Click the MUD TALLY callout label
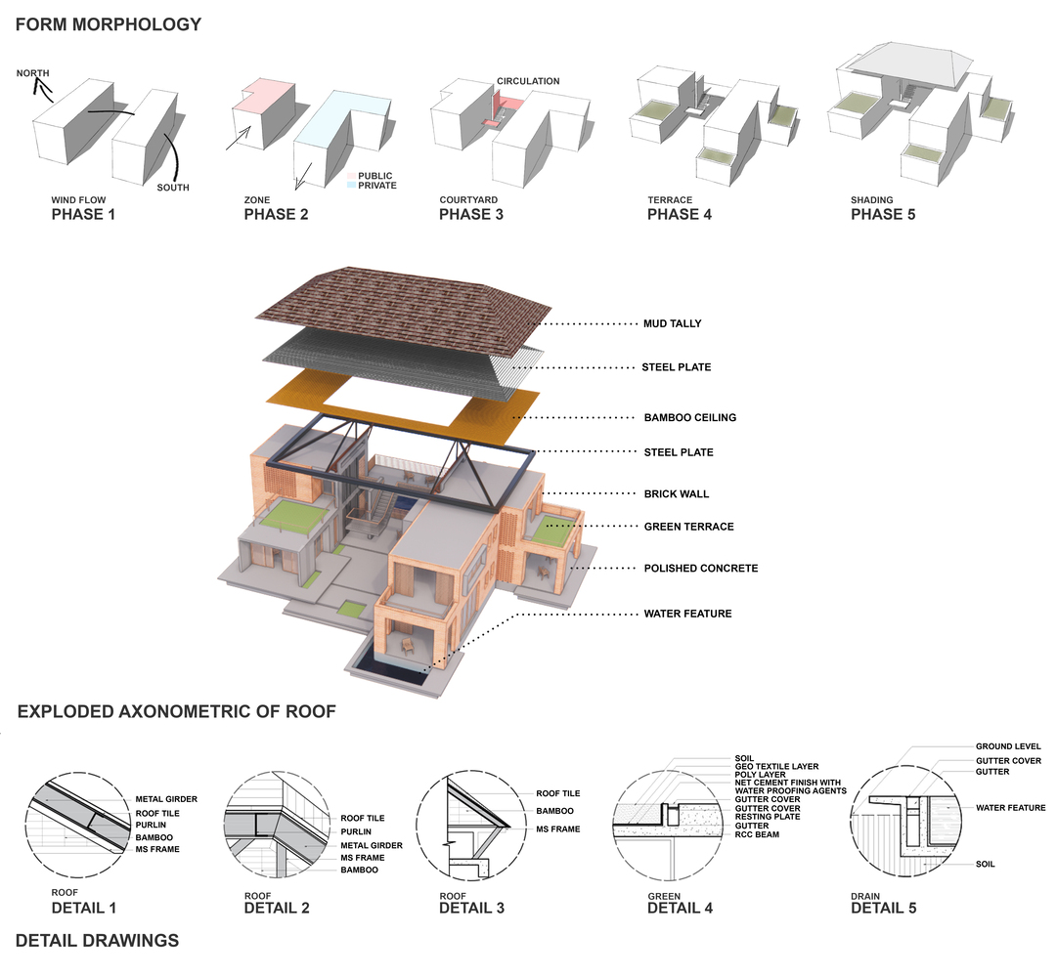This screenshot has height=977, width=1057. tap(672, 323)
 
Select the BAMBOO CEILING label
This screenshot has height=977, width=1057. tap(689, 417)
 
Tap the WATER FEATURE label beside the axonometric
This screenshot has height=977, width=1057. tap(687, 614)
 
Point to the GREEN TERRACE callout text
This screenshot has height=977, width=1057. tap(689, 527)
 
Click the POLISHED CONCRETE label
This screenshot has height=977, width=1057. tap(701, 569)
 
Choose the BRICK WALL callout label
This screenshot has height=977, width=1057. tap(676, 493)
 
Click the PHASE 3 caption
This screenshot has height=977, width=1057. tap(471, 214)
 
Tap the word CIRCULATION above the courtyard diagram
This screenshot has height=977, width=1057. tap(528, 81)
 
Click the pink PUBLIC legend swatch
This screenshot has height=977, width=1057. tap(351, 176)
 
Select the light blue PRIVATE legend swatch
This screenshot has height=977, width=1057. tap(351, 186)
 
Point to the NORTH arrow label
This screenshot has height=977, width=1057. tap(33, 72)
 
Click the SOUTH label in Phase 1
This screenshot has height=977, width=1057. tap(173, 188)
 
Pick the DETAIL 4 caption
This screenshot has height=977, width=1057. tap(680, 908)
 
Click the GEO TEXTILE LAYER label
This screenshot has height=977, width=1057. tap(776, 766)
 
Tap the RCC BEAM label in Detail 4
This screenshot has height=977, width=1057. tap(757, 834)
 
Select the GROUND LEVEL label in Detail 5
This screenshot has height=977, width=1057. tap(1008, 746)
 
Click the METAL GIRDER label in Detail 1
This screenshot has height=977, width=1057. tap(166, 799)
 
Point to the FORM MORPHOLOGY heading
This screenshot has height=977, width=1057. tap(109, 24)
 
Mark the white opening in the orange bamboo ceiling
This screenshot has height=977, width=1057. tap(396, 400)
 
